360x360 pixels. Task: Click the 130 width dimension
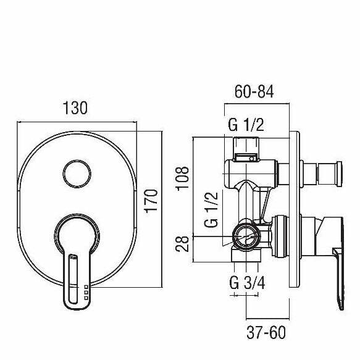coord(76,109)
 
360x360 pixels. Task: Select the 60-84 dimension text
coord(254,92)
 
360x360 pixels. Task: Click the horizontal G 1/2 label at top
coord(246,126)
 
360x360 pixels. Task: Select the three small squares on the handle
coord(85,293)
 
